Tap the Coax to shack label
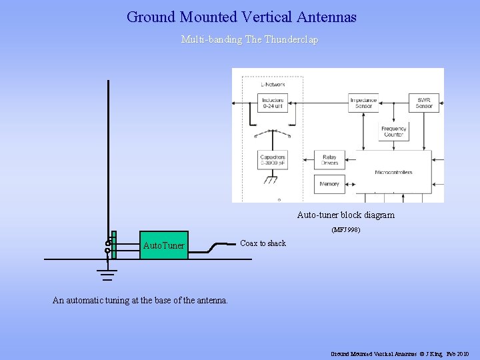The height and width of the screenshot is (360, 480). click(x=263, y=243)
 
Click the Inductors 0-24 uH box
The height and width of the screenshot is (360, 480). click(x=272, y=103)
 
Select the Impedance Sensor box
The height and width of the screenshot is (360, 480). click(x=363, y=103)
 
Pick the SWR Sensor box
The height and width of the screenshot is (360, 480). click(x=424, y=103)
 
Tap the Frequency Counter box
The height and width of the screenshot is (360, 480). click(x=393, y=131)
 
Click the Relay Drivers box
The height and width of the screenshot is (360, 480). click(x=329, y=160)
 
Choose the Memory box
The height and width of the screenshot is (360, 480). click(x=329, y=184)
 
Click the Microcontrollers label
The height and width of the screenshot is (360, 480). click(x=393, y=172)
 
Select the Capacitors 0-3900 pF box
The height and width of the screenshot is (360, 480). click(x=272, y=160)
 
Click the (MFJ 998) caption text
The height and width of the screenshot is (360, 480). click(x=346, y=230)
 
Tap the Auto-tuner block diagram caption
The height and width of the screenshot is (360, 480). click(x=345, y=215)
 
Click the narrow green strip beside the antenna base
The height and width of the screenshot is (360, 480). click(x=114, y=244)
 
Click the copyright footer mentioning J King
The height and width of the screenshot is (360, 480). click(x=400, y=353)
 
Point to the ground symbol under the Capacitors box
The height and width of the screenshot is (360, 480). click(x=271, y=180)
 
